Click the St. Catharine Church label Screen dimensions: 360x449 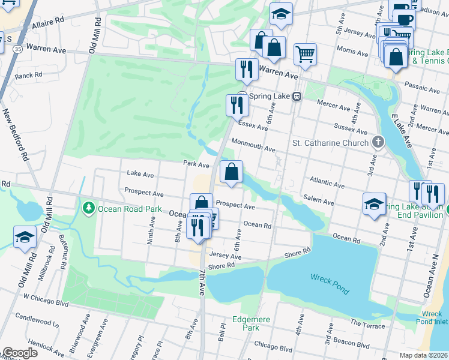[330, 143]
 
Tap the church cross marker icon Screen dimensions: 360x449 [377, 142]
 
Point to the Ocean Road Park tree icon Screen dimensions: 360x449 [88, 208]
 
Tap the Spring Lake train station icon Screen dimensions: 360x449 [297, 96]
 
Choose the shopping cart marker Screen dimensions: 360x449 [305, 54]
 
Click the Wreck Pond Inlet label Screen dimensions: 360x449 [432, 317]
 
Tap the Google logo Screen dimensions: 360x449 [20, 353]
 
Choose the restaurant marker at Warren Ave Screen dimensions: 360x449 [246, 70]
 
